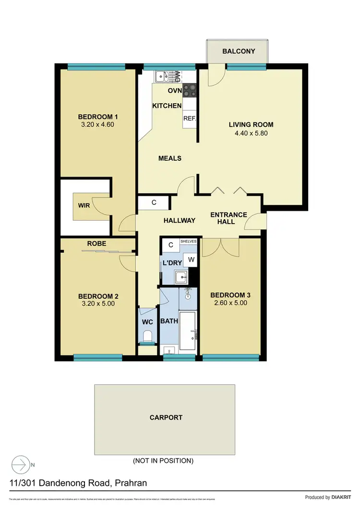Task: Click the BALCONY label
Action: pos(239,51)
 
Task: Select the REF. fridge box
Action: pos(190,118)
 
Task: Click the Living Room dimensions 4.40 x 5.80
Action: pos(251,133)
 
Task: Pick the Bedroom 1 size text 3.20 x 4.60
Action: pos(98,125)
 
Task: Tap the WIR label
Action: pos(84,206)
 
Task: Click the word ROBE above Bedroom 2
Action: pos(96,244)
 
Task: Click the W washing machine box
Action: pos(191,260)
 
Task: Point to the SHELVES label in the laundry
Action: pos(188,241)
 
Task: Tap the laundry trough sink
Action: pos(182,276)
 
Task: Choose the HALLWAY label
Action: pos(180,220)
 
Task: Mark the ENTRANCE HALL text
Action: pos(228,218)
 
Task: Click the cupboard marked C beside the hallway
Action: pos(154,202)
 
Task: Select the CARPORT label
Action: pos(166,417)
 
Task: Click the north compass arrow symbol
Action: pos(21,464)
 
